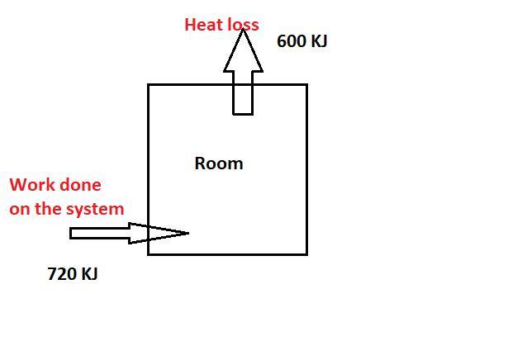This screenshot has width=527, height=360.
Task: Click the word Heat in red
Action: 201,25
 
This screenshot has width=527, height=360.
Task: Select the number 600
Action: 292,40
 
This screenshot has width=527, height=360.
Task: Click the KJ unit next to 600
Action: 319,40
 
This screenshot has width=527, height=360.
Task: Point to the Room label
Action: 219,163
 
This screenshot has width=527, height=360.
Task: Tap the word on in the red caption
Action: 19,209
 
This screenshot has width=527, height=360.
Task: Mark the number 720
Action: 62,274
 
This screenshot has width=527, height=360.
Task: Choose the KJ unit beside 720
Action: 88,274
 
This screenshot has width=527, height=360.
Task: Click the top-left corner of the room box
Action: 149,85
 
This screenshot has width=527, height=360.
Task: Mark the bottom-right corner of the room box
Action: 306,253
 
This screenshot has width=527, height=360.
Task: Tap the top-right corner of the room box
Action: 306,85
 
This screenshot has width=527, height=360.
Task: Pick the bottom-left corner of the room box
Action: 149,253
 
